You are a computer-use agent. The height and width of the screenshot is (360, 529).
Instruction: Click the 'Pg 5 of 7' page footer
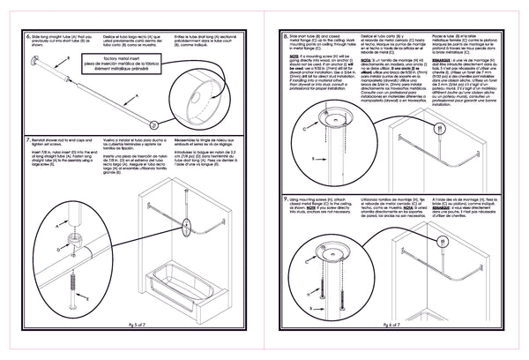coord(132,325)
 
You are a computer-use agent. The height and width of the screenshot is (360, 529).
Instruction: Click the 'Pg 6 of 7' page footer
coord(399,325)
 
